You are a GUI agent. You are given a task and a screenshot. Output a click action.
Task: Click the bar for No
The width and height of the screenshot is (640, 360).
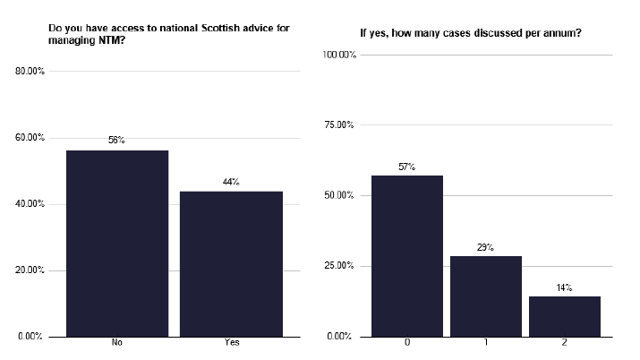point(117,243)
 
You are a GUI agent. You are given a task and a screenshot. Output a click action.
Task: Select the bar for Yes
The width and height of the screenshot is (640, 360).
point(231,263)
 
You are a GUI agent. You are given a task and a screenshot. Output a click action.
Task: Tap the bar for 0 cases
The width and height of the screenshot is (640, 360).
point(407,255)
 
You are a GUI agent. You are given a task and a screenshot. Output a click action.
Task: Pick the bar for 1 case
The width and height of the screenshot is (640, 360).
point(485,296)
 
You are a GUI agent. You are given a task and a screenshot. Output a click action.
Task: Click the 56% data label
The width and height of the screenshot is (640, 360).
point(117,141)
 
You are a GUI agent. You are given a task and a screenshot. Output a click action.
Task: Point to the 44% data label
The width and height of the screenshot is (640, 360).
point(231,182)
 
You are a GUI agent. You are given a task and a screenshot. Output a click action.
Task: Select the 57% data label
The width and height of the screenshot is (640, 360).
point(407,167)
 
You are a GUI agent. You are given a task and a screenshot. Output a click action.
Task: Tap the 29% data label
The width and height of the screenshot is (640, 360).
point(485,247)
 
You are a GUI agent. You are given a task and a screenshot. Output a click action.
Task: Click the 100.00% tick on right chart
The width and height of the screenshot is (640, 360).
point(339,55)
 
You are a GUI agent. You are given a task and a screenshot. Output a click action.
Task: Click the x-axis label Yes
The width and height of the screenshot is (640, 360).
point(231,343)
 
